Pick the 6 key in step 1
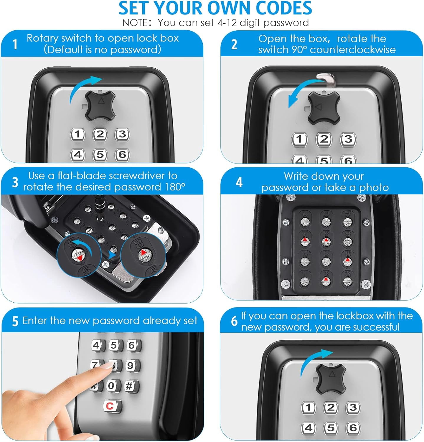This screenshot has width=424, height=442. [x=122, y=154]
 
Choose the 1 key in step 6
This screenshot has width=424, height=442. [x=308, y=408]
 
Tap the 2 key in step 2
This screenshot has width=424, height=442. [x=324, y=139]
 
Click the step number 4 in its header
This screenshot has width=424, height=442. [x=239, y=183]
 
